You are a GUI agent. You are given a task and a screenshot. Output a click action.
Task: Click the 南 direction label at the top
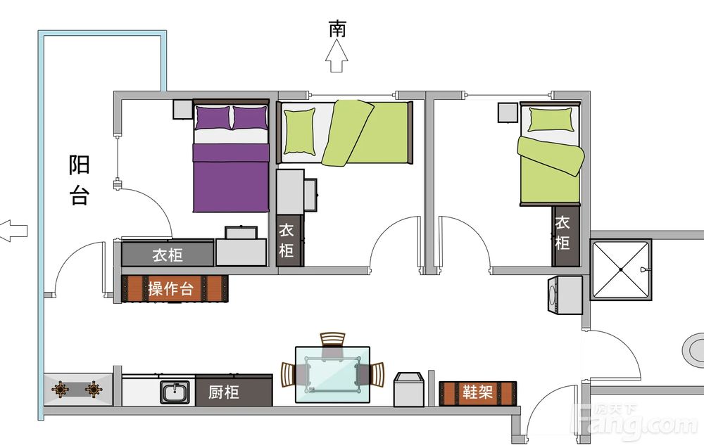337,29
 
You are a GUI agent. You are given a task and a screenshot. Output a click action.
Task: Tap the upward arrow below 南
337,56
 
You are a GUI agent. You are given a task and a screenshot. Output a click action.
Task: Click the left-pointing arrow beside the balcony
13,231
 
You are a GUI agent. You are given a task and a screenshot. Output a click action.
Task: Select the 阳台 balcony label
79,180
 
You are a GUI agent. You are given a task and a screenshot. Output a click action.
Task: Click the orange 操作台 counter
175,288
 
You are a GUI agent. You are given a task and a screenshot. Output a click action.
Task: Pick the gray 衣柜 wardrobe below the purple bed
168,255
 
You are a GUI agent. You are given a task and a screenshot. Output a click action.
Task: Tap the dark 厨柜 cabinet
234,391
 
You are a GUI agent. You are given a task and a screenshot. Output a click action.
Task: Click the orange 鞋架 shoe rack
478,393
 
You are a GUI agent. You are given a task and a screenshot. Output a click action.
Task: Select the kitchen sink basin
175,392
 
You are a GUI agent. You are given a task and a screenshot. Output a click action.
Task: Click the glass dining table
333,374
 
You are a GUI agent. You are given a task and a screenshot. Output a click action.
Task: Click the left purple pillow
213,117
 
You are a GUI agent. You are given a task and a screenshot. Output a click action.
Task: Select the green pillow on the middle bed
299,132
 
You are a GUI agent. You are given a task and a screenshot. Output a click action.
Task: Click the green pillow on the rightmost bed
551,120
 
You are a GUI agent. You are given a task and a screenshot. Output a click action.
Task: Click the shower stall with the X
620,269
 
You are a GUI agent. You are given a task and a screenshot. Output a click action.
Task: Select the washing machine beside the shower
565,295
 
